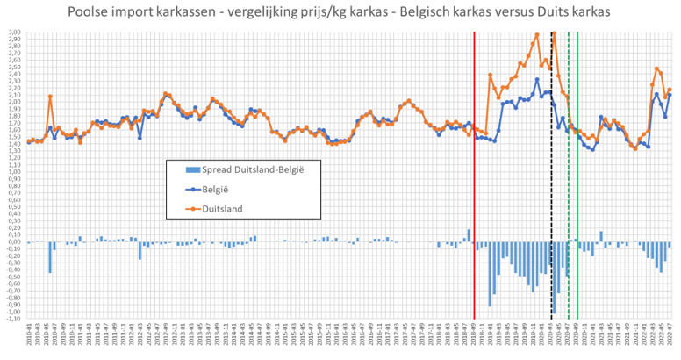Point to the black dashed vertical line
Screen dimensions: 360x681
[x=550, y=176]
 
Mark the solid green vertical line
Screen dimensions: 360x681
[x=577, y=176]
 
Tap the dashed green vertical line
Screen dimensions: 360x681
[x=569, y=176]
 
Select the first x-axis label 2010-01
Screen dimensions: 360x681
[x=28, y=338]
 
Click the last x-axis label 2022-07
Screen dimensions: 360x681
[x=670, y=338]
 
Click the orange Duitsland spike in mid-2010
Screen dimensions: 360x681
[x=50, y=97]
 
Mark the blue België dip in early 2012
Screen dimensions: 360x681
[x=140, y=137]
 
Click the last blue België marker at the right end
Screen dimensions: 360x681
[x=670, y=95]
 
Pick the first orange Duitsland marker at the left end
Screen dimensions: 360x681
[x=28, y=140]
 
